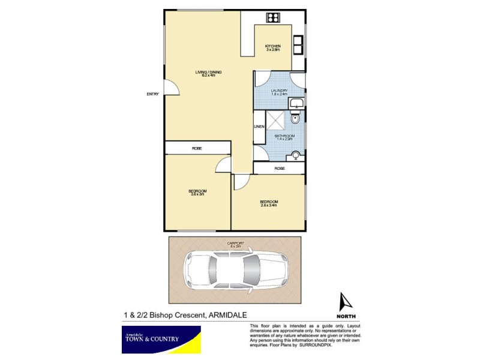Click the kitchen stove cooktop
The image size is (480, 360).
(273, 17)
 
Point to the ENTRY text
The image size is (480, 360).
(153, 94)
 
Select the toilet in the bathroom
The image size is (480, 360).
(293, 119)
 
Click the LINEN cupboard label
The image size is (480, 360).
(259, 127)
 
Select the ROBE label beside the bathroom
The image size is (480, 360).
(279, 169)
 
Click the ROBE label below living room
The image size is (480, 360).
(197, 148)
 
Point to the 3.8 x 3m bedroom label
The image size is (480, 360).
(198, 193)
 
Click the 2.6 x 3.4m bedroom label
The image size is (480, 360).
(268, 202)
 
